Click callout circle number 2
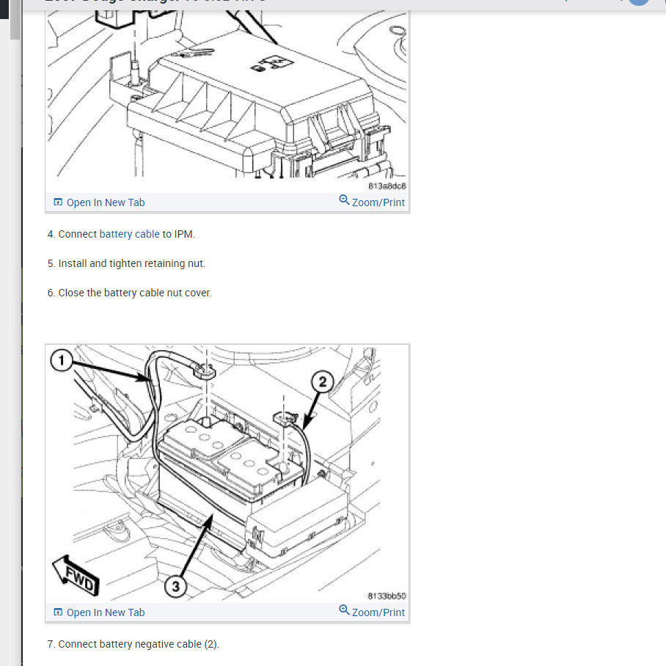[323, 381]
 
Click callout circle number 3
[175, 585]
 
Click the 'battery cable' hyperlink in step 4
[129, 234]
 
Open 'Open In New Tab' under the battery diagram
[105, 612]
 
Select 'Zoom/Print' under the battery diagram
[378, 612]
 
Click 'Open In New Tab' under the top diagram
[105, 202]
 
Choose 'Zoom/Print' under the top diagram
[378, 202]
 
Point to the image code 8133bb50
[387, 596]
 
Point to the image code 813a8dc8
[387, 186]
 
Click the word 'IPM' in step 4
[183, 234]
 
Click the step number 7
[51, 644]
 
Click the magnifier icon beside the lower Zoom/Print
[344, 610]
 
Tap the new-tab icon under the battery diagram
[58, 612]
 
